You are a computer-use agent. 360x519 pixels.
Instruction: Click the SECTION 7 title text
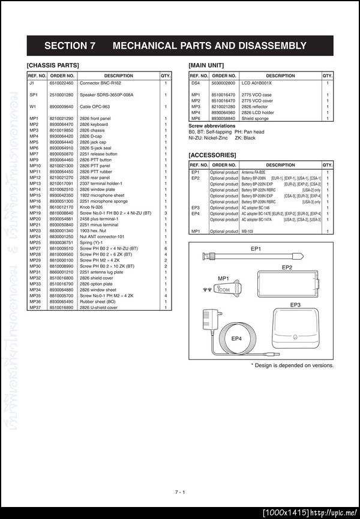[175, 46]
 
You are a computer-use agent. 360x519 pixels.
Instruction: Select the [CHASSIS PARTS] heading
[53, 65]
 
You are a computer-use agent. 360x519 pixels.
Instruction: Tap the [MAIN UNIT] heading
[206, 65]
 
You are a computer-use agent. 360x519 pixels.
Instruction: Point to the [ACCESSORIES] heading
[212, 155]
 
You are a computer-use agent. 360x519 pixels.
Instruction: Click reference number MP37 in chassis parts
[34, 308]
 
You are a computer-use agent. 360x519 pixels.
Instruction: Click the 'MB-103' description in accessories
[247, 231]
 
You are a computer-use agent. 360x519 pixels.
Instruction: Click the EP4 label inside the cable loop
[237, 338]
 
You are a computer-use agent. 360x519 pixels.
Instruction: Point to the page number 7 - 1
[179, 493]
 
